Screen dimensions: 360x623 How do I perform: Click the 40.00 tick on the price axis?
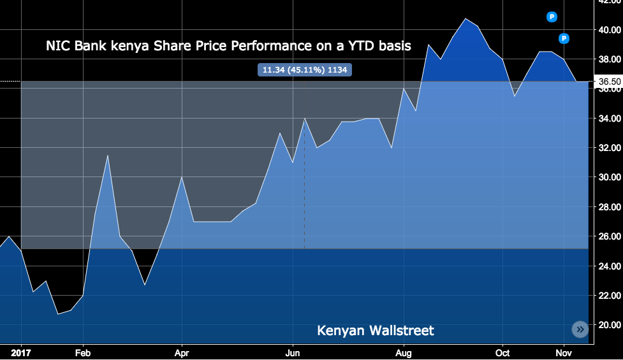[609, 29]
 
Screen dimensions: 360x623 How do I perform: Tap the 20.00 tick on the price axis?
[609, 325]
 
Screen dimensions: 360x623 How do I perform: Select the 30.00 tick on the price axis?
[609, 177]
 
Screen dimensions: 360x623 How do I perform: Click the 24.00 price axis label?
[609, 266]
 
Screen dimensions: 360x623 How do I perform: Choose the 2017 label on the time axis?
[21, 352]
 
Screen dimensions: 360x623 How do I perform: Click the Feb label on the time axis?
[82, 352]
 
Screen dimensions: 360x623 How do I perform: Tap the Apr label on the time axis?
[182, 352]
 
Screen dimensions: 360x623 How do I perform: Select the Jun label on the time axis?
[293, 352]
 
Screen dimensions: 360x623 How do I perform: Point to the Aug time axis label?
[404, 352]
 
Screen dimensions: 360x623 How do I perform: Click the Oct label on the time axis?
[503, 352]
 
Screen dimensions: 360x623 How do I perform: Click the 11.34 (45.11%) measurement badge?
[304, 70]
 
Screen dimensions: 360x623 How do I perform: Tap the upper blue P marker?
[552, 17]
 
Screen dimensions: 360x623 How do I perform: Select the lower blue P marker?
[564, 39]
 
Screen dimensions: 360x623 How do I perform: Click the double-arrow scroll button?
[580, 329]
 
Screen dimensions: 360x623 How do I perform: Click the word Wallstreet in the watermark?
[402, 331]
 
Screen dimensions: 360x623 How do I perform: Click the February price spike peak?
[107, 155]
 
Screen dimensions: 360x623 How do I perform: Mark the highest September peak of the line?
[466, 18]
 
